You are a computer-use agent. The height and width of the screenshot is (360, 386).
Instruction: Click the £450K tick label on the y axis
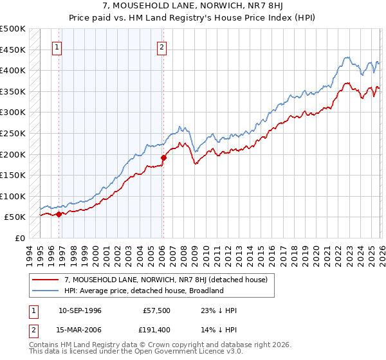click(13, 50)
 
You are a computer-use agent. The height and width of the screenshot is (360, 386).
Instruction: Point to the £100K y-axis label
click(13, 196)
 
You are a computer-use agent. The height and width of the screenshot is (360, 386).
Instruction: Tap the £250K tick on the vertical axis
click(13, 133)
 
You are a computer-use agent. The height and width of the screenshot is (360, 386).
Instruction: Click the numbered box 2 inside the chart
click(161, 46)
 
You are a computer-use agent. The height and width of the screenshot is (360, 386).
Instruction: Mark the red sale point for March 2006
click(163, 157)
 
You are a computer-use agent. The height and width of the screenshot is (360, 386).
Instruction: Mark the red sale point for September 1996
click(59, 214)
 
